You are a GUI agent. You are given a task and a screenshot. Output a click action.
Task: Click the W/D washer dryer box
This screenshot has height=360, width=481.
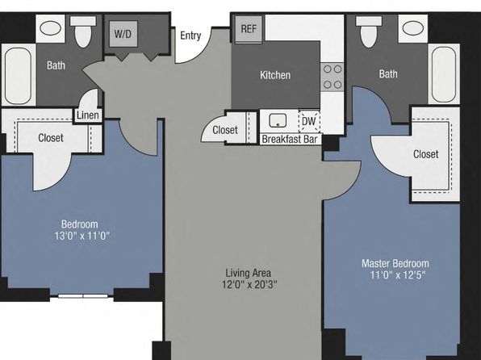click(123, 34)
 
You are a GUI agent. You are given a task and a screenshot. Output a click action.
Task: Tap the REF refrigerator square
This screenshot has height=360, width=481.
click(249, 29)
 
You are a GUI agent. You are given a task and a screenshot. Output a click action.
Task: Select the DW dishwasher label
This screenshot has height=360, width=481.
click(308, 121)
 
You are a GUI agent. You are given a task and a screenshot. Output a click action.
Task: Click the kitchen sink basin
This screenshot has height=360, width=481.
click(278, 120)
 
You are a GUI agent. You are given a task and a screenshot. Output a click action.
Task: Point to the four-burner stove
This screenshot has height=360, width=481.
click(333, 77)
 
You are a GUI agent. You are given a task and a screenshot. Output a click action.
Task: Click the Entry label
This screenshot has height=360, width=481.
click(190, 36)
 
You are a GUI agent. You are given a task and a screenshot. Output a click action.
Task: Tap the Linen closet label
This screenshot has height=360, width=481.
click(88, 115)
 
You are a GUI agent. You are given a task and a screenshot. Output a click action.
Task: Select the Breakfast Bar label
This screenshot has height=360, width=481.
click(290, 140)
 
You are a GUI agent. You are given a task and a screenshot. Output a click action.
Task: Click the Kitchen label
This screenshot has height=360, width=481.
click(275, 75)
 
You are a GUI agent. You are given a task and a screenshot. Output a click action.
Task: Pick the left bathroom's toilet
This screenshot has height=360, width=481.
click(83, 31)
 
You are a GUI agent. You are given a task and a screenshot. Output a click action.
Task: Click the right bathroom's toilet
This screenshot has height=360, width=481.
click(369, 31)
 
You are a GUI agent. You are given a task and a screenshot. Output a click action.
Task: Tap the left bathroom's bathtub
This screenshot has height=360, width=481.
click(18, 76)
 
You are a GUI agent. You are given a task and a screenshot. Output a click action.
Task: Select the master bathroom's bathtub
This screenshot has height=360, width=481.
click(444, 74)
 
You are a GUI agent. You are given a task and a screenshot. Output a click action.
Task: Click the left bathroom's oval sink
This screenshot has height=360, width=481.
click(51, 28)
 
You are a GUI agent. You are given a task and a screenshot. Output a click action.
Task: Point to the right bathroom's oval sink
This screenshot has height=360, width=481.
click(413, 28)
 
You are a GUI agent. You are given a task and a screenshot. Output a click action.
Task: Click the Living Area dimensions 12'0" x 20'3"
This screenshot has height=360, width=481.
click(249, 285)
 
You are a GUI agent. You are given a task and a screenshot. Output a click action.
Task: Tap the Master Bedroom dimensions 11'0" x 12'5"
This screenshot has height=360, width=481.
click(398, 275)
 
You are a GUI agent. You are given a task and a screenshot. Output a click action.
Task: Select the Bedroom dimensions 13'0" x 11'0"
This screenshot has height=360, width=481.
click(82, 236)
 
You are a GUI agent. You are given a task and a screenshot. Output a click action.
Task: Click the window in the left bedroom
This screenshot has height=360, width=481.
click(83, 296)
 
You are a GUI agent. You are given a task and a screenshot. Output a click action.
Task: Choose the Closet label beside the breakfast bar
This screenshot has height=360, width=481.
click(225, 130)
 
